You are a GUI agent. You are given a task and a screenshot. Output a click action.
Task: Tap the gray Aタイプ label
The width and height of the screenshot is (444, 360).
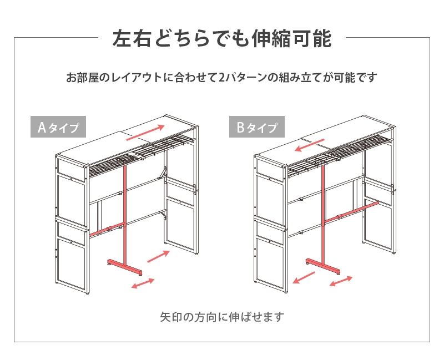(58, 128)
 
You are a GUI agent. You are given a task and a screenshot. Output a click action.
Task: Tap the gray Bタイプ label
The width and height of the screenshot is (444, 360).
(256, 128)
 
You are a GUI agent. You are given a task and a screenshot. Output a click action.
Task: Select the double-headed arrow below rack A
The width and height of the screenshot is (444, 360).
(143, 283)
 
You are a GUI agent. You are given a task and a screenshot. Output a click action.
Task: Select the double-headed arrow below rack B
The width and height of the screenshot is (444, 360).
(340, 282)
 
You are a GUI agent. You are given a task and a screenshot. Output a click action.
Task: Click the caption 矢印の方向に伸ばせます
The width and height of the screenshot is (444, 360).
(222, 317)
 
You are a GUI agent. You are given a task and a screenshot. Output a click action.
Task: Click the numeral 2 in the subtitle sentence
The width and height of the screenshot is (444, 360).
(221, 78)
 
